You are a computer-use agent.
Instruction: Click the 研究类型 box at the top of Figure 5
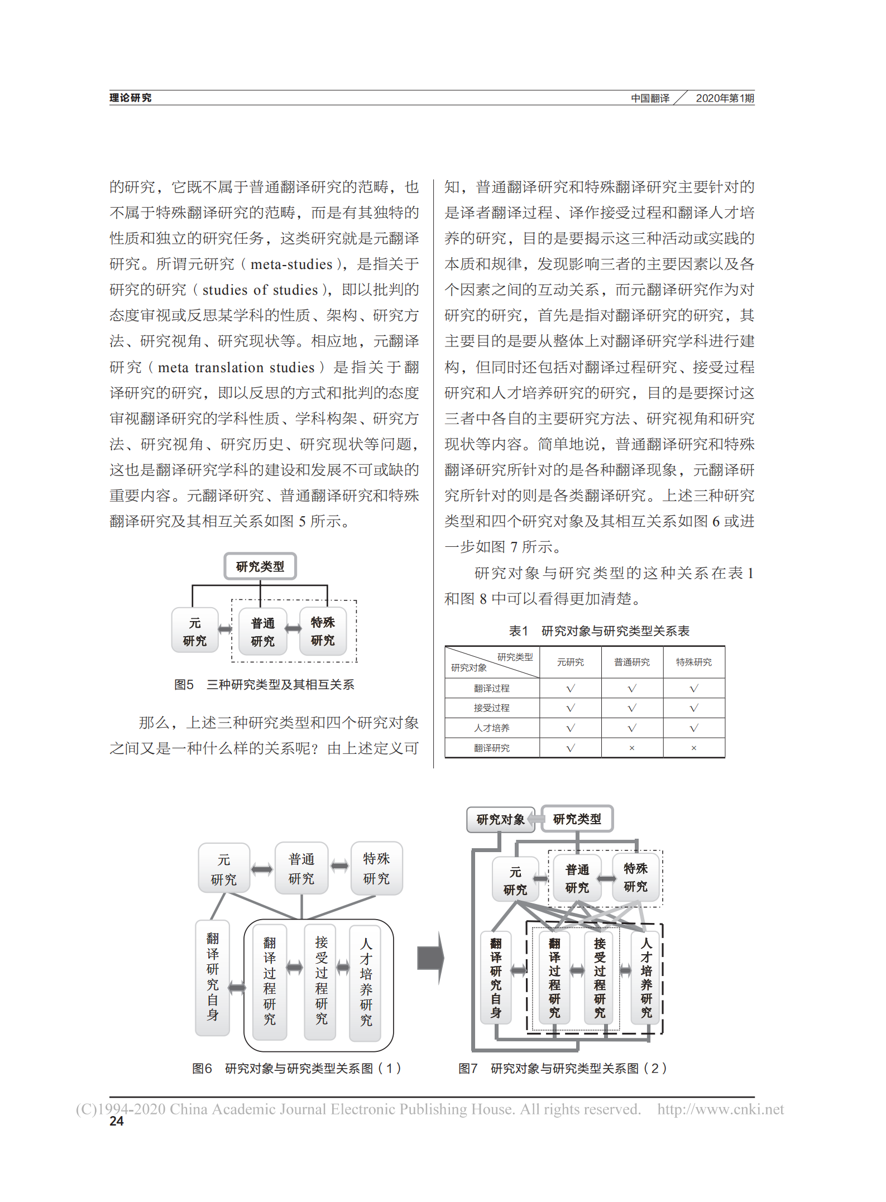pyautogui.click(x=260, y=566)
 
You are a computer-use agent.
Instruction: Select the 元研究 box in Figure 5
pyautogui.click(x=194, y=631)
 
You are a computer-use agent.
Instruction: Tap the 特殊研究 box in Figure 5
pyautogui.click(x=323, y=631)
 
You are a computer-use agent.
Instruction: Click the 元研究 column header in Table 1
pyautogui.click(x=570, y=662)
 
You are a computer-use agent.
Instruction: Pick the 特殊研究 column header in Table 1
pyautogui.click(x=693, y=662)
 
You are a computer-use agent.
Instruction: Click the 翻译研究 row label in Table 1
pyautogui.click(x=491, y=748)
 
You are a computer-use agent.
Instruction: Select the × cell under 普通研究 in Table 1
pyautogui.click(x=631, y=748)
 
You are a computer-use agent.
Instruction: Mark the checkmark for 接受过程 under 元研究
pyautogui.click(x=570, y=708)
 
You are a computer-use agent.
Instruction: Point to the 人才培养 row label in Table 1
pyautogui.click(x=491, y=728)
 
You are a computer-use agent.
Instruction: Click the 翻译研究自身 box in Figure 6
pyautogui.click(x=213, y=977)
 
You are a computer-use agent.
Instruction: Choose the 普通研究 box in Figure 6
pyautogui.click(x=301, y=868)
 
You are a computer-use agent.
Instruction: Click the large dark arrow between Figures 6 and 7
pyautogui.click(x=430, y=958)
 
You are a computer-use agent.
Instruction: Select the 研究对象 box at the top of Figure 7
pyautogui.click(x=500, y=819)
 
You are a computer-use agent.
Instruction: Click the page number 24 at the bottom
pyautogui.click(x=116, y=1121)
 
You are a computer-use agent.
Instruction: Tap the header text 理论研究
pyautogui.click(x=130, y=98)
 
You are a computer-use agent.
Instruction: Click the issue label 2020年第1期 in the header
pyautogui.click(x=725, y=98)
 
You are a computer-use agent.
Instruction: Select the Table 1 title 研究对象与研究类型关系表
pyautogui.click(x=615, y=631)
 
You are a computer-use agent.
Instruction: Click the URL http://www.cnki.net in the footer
pyautogui.click(x=720, y=1109)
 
